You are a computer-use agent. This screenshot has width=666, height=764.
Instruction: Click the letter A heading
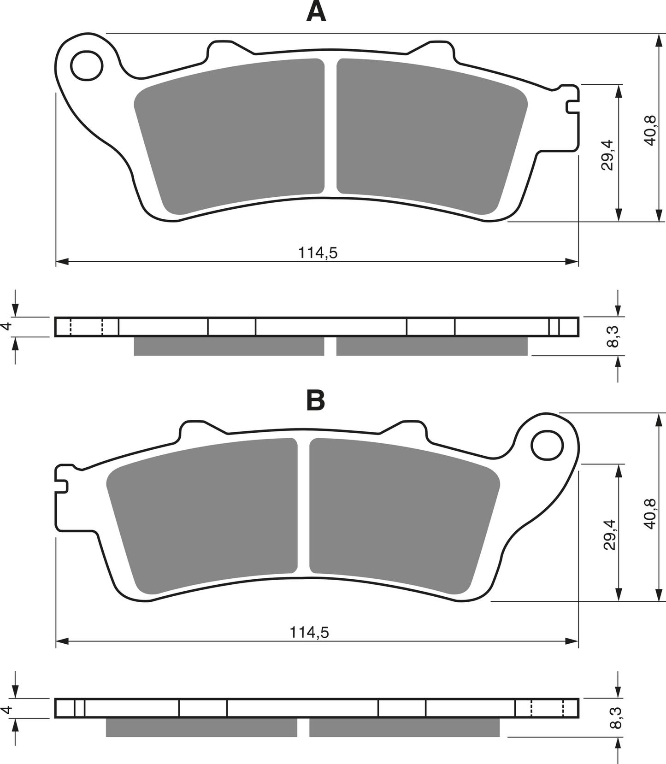pos(316,12)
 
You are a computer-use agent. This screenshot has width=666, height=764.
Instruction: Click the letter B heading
pos(316,400)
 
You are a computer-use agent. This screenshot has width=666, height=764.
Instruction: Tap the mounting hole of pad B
pos(547,445)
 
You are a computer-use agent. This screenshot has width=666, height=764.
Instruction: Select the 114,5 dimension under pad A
pos(318,253)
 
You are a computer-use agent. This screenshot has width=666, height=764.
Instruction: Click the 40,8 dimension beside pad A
pos(649,130)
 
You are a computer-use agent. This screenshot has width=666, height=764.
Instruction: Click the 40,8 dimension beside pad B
pos(649,514)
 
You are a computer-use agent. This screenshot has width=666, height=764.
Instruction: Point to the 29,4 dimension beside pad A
pos(607,155)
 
